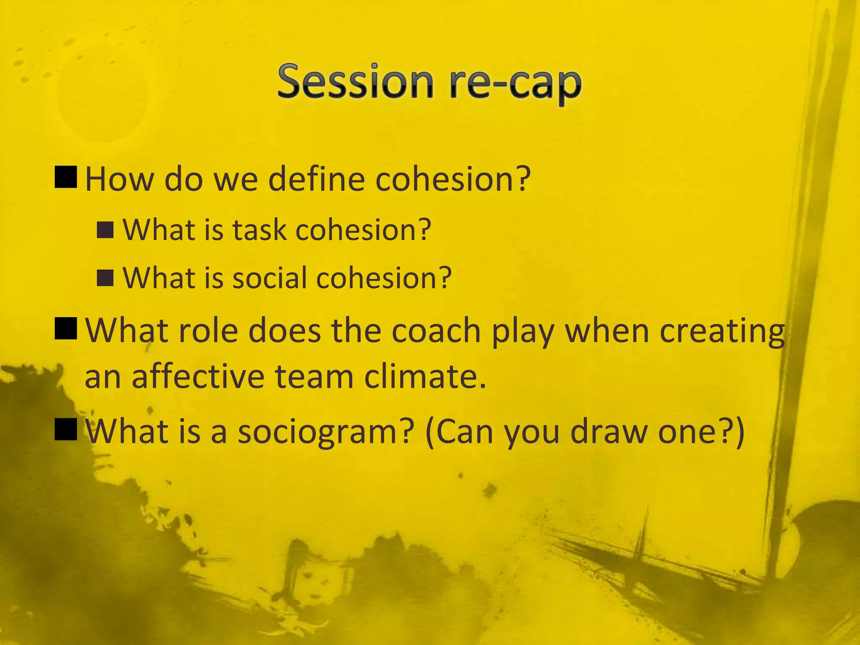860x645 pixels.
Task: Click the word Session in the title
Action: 355,81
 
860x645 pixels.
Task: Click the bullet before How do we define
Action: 66,177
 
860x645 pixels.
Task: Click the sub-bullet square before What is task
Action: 105,230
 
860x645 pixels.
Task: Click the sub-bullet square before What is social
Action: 105,278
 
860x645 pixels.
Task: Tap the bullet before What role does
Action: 66,328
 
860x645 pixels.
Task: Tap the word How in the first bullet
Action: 120,179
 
